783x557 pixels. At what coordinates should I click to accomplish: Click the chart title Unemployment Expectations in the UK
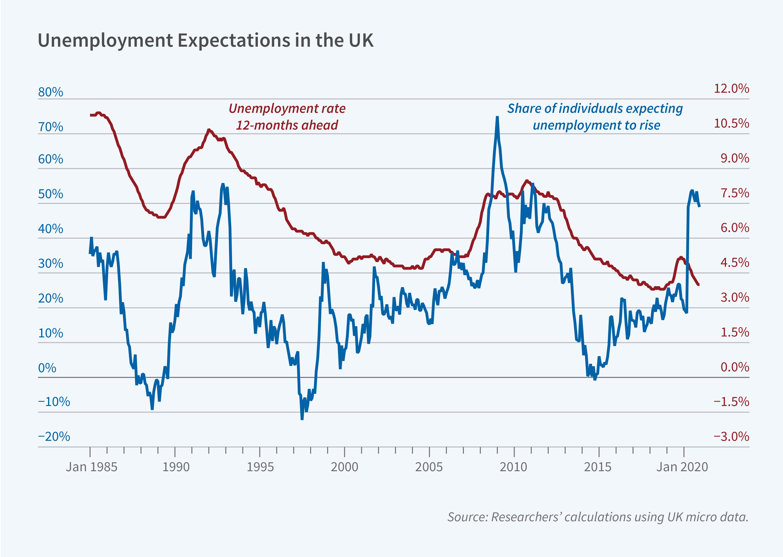click(x=205, y=40)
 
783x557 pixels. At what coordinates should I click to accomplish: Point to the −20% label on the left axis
click(x=54, y=437)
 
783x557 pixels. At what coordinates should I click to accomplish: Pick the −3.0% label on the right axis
click(x=731, y=437)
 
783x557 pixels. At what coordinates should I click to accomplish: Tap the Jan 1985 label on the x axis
click(x=91, y=467)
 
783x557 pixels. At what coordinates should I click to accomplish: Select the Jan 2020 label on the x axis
click(x=682, y=467)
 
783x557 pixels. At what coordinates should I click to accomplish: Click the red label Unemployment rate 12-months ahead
click(x=287, y=117)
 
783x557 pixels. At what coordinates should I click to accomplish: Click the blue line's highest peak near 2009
click(x=497, y=117)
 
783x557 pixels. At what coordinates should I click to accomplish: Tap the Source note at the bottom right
click(x=598, y=517)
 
